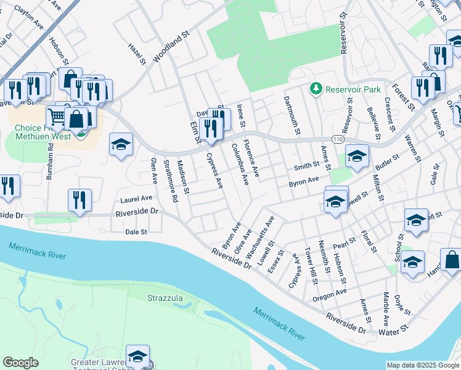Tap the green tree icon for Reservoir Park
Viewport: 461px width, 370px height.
316,89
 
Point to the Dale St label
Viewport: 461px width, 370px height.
136,232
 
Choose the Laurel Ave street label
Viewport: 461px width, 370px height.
136,199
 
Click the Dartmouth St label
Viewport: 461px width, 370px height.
292,116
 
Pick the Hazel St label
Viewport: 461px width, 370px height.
136,54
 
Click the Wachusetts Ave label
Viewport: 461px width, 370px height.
259,237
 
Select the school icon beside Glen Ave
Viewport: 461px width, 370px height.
121,146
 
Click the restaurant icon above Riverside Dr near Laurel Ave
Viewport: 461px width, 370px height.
80,200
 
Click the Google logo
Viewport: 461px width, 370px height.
20,363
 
